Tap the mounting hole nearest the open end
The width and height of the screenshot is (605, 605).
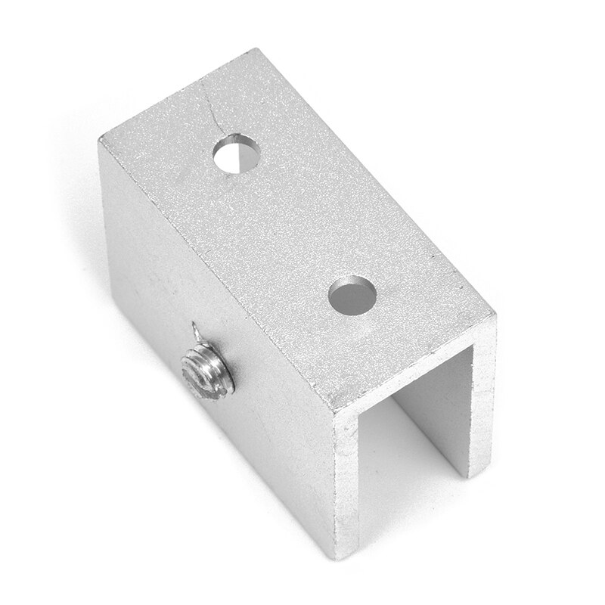pos(352,293)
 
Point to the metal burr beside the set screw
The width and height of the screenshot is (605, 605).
pos(196,331)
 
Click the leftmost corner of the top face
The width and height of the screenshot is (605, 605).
pos(99,142)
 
